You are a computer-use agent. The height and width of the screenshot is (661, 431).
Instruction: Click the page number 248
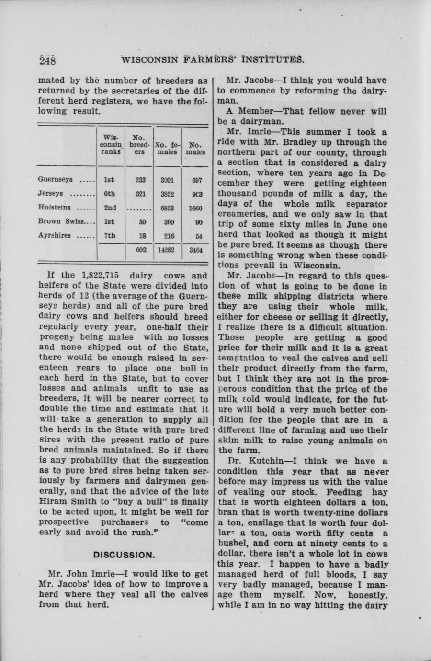coord(48,60)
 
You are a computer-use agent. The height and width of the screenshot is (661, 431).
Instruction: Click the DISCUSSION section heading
coord(124,555)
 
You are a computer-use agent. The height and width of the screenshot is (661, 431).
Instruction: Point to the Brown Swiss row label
coord(59,222)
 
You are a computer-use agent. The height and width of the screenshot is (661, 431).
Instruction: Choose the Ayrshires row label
coord(54,236)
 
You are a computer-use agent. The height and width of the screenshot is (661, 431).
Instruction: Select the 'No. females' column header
coord(167,148)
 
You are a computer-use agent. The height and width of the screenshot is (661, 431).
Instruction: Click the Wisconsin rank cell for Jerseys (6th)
coord(109,194)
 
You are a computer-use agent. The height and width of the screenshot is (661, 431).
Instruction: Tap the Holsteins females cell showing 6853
coord(168,208)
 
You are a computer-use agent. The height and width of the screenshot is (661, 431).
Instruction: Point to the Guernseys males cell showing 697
coord(196,180)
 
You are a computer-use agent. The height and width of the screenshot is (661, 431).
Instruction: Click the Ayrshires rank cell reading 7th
coord(109,236)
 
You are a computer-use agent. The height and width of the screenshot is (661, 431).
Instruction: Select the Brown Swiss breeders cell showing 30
coord(140,222)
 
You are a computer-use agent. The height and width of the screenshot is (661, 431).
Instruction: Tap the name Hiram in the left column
coord(53,502)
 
